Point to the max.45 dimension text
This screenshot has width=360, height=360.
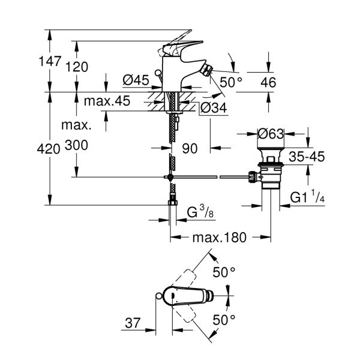tap(107, 101)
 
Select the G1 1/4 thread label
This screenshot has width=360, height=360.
tap(308, 197)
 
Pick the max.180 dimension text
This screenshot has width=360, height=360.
tap(219, 238)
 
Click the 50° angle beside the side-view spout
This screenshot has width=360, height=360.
tap(232, 82)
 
